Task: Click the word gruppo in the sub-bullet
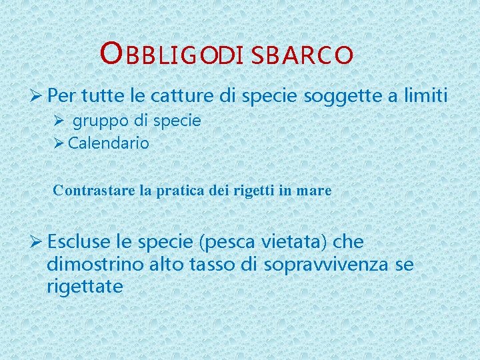pyautogui.click(x=98, y=122)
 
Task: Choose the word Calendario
pyautogui.click(x=109, y=143)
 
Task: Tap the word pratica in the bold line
pyautogui.click(x=180, y=191)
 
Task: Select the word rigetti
pyautogui.click(x=253, y=191)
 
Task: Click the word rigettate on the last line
pyautogui.click(x=85, y=287)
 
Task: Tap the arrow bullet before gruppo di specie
pyautogui.click(x=59, y=122)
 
